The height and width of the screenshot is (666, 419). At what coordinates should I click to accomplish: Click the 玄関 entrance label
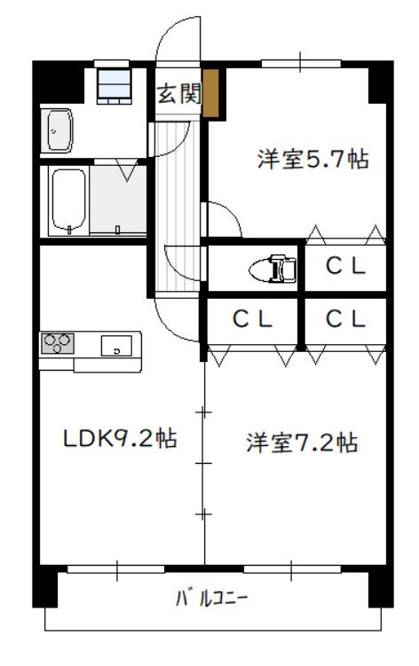tap(178, 93)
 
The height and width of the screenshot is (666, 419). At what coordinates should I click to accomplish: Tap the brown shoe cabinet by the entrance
tap(210, 93)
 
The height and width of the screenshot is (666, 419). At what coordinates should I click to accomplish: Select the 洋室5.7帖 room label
tap(312, 160)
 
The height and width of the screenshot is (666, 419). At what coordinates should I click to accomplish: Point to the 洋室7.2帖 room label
tap(302, 443)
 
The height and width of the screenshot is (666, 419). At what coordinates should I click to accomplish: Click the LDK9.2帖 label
tap(120, 438)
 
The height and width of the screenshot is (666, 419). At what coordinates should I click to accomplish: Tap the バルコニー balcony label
tap(211, 599)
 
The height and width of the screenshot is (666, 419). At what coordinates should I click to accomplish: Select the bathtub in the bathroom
tap(68, 200)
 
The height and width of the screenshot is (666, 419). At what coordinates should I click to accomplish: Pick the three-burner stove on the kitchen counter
tap(58, 343)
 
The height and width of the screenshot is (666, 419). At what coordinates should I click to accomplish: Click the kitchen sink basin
tap(116, 345)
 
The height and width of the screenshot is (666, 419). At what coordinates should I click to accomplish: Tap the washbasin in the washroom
tap(57, 130)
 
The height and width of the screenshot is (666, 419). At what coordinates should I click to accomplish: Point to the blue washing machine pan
tap(114, 86)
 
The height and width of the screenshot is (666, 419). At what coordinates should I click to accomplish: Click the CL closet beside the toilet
tap(345, 266)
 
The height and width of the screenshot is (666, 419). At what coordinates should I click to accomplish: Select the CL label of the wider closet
tap(252, 319)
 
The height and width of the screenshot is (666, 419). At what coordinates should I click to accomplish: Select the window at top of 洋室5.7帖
tap(301, 64)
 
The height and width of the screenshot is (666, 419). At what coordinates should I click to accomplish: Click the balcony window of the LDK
tap(115, 569)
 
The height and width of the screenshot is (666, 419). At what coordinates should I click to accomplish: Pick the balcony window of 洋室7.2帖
tap(292, 569)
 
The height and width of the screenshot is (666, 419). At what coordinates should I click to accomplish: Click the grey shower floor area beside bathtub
tap(118, 200)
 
